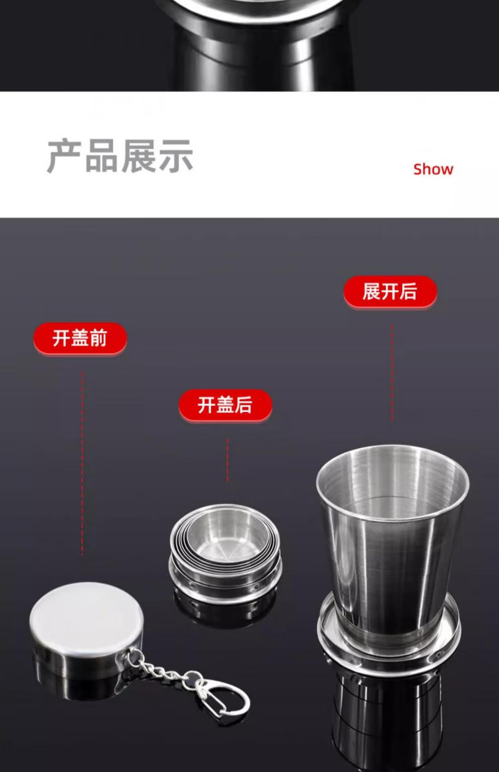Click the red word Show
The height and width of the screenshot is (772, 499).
pyautogui.click(x=433, y=169)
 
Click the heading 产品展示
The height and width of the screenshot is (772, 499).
pyautogui.click(x=120, y=156)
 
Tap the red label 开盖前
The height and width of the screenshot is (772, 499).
pyautogui.click(x=80, y=338)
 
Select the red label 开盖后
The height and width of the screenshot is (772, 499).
pyautogui.click(x=225, y=404)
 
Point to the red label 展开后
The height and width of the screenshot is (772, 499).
pyautogui.click(x=390, y=291)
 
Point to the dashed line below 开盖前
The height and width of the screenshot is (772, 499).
pyautogui.click(x=82, y=463)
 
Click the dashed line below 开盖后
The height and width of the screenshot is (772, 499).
pyautogui.click(x=227, y=459)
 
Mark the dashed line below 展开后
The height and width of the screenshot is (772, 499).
pyautogui.click(x=392, y=373)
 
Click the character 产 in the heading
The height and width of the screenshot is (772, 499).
pyautogui.click(x=64, y=156)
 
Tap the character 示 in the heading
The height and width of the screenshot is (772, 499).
pyautogui.click(x=176, y=156)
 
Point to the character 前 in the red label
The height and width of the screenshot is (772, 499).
pyautogui.click(x=98, y=338)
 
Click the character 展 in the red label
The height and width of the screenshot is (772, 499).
pyautogui.click(x=371, y=291)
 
